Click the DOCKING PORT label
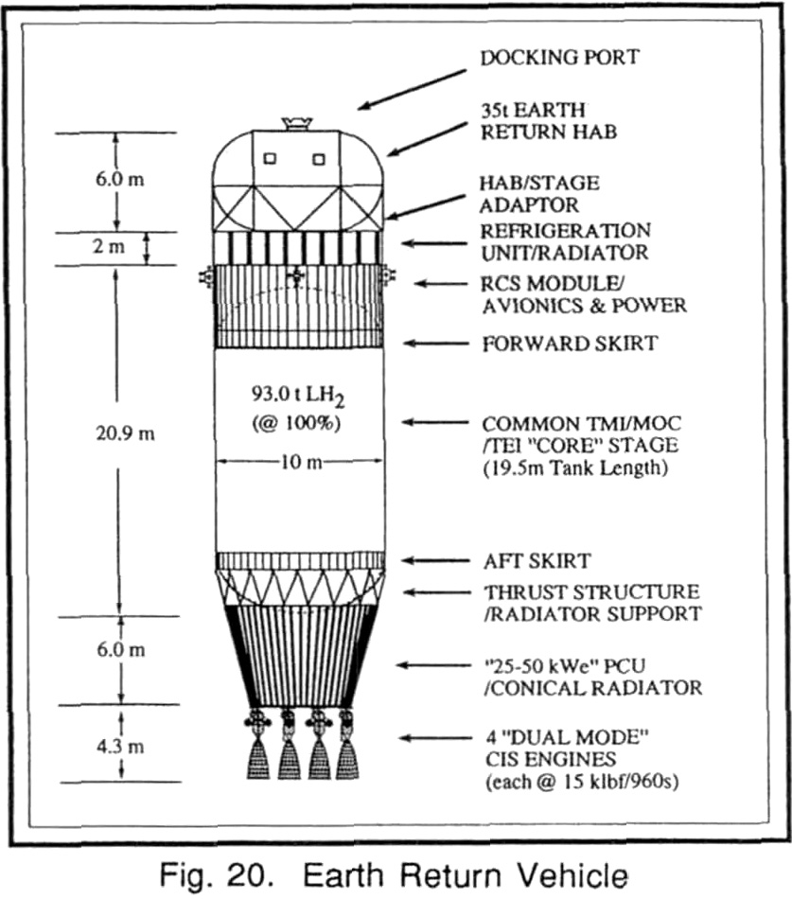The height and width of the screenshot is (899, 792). [559, 58]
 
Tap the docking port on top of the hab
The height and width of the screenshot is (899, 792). [297, 123]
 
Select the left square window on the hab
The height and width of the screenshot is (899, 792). [270, 158]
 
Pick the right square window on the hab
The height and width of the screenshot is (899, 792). [319, 159]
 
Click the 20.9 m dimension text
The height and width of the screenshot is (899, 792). [125, 432]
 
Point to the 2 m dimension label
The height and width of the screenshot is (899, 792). [109, 247]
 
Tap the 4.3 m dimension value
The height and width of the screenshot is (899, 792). [120, 747]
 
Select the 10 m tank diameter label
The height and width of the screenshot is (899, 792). [301, 462]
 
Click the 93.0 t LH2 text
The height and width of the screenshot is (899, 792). [298, 395]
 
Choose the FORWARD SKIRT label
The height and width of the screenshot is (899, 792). [570, 344]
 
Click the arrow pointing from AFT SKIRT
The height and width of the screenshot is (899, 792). [434, 560]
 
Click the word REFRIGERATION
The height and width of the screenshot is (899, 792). [566, 231]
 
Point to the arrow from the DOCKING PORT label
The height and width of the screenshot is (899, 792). [413, 90]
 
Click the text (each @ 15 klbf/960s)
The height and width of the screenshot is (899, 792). [582, 782]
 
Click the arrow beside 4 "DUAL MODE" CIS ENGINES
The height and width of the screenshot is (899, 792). [434, 738]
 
